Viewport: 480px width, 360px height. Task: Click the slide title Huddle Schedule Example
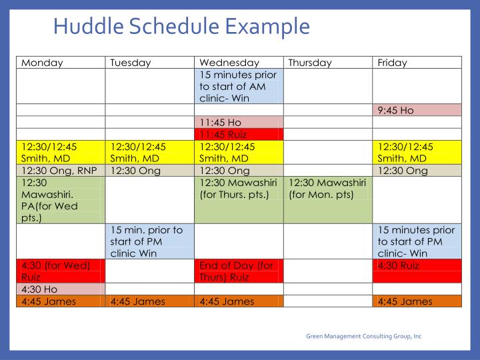181,27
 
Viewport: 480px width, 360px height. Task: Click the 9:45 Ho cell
417,110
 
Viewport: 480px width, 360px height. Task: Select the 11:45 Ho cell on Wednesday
239,123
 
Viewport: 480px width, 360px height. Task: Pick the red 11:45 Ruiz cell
239,135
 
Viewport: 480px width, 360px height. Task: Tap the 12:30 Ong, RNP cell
61,171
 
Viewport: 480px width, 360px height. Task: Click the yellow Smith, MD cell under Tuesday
150,153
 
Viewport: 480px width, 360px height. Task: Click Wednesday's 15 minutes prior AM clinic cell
239,86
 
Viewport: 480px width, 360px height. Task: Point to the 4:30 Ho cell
61,289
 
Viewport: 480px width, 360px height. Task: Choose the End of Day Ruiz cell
239,271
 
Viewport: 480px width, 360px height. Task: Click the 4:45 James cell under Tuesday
150,301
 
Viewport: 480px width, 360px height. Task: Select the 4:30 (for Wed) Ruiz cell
61,271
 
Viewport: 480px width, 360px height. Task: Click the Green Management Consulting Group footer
363,336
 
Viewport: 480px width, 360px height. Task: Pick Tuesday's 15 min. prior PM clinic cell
150,241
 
